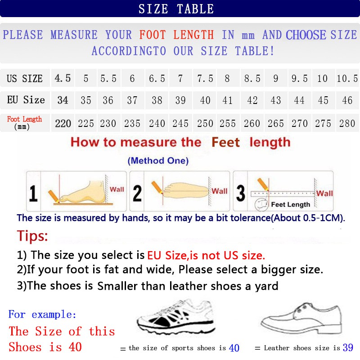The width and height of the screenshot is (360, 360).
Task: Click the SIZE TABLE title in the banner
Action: (176, 9)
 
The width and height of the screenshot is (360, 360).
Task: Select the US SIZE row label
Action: (25, 79)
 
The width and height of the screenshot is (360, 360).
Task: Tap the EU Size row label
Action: (26, 100)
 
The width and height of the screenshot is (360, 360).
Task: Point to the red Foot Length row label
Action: (25, 119)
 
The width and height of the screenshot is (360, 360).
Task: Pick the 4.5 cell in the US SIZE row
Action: (63, 78)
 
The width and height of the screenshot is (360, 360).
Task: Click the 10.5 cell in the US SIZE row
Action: (347, 79)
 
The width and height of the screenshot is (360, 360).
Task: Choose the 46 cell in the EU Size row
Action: (347, 100)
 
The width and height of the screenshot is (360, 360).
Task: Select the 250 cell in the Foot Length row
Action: (205, 123)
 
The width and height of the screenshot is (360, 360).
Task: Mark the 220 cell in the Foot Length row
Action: (63, 123)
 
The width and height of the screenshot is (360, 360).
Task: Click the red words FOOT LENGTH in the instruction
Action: (176, 35)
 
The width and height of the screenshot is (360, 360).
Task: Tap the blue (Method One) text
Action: (158, 161)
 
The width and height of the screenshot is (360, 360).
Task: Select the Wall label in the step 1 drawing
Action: (117, 189)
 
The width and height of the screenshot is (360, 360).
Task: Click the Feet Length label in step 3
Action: (290, 204)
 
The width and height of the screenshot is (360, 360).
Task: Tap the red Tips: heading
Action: (32, 236)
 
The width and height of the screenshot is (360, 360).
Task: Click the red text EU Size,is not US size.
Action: (206, 256)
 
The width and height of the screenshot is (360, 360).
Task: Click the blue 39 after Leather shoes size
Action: (347, 347)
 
